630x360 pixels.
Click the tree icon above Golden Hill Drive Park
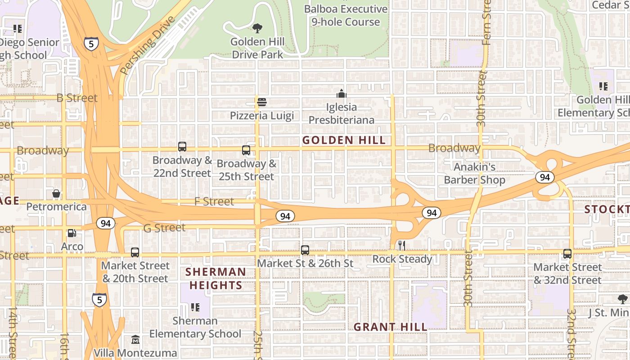(257, 29)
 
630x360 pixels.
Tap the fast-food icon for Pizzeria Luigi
(262, 102)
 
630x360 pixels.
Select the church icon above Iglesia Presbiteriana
(342, 94)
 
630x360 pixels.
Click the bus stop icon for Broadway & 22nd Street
(182, 147)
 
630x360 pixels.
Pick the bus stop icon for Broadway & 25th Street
(246, 150)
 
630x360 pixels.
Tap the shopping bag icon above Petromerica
(56, 193)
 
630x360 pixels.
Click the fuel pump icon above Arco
(72, 233)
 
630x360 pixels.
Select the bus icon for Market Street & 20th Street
(135, 252)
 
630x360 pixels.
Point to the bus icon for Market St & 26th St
(305, 250)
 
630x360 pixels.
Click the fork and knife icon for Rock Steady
(402, 246)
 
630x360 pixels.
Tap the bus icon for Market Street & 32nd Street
(567, 254)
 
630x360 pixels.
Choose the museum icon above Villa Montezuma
(135, 339)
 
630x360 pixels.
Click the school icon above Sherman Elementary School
(195, 307)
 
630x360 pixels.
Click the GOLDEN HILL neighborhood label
(344, 140)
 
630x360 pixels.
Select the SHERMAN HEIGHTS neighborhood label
(216, 279)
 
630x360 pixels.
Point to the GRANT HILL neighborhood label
(390, 327)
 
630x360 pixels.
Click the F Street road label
(214, 202)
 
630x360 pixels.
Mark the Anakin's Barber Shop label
(474, 173)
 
